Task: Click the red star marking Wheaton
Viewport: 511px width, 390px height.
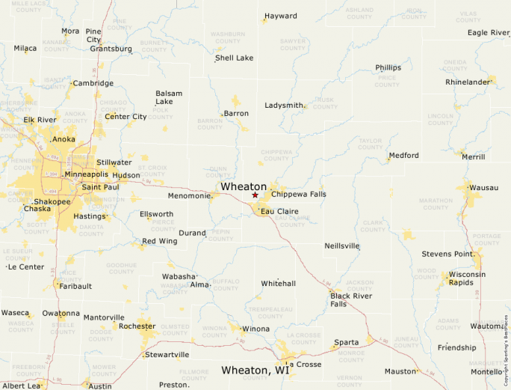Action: (255, 195)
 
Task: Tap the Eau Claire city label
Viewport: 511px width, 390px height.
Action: (279, 212)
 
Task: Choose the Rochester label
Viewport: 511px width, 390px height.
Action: (137, 326)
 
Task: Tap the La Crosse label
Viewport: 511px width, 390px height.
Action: (304, 365)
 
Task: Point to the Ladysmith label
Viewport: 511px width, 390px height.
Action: (284, 106)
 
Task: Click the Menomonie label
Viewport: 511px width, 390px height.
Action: (188, 196)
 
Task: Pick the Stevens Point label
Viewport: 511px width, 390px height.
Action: (447, 255)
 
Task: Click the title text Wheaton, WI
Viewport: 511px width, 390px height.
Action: (255, 371)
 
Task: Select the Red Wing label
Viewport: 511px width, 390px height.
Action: (159, 241)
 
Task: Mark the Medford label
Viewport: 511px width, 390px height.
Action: (403, 156)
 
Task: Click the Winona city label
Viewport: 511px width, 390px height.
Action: (255, 329)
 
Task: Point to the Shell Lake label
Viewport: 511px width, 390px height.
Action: (234, 58)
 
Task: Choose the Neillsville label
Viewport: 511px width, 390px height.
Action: (342, 246)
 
